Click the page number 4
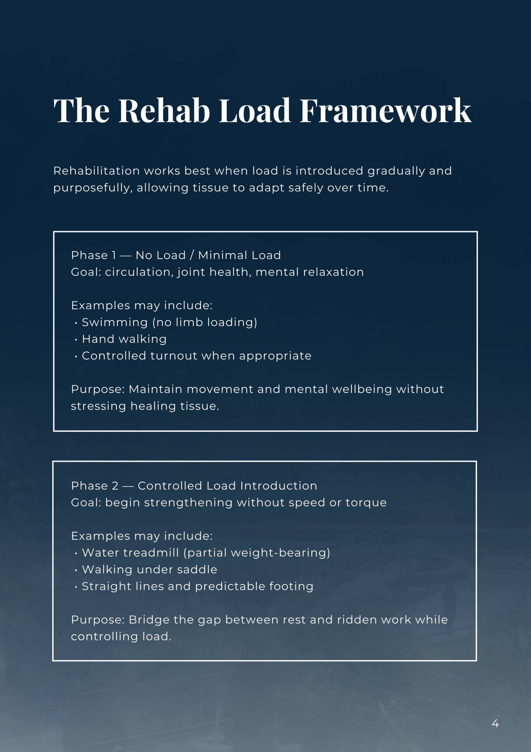495,723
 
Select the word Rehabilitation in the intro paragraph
97,171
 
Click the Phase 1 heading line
176,255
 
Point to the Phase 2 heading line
194,486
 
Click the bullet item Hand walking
124,339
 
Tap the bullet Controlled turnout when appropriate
196,356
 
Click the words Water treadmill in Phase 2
130,553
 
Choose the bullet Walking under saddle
149,570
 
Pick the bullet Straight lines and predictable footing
197,586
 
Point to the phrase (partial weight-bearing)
256,553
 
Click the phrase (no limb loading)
204,323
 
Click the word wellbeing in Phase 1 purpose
362,390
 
